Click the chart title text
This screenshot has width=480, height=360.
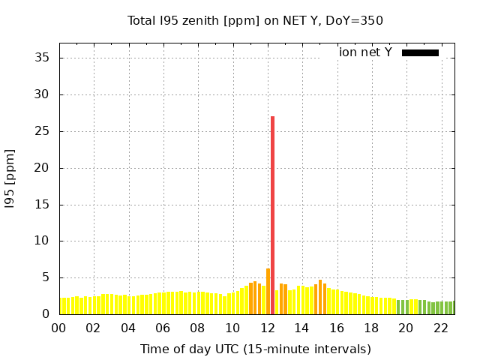(256, 20)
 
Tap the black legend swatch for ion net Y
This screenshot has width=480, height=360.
(420, 52)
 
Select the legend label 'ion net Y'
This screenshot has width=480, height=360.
(365, 52)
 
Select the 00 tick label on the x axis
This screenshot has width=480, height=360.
(58, 328)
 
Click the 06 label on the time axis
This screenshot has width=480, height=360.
(163, 328)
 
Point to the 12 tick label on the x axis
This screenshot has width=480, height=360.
(267, 328)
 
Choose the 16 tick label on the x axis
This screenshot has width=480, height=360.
(336, 328)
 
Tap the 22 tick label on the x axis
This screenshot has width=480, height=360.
(440, 328)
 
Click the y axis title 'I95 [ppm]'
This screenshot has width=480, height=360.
(10, 186)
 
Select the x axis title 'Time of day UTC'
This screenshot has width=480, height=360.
(256, 349)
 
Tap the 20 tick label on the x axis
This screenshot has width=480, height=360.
(406, 328)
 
